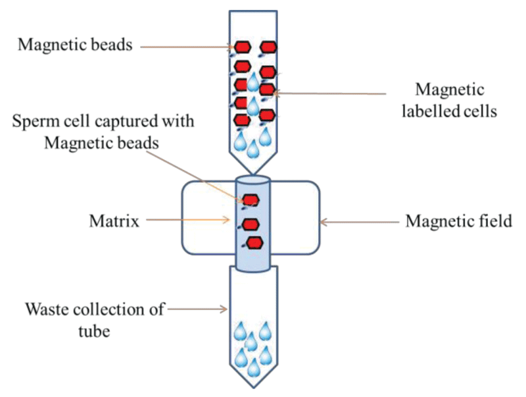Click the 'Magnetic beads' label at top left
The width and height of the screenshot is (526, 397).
click(75, 45)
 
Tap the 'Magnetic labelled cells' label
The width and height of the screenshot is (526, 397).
click(450, 100)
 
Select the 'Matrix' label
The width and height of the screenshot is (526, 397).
click(114, 221)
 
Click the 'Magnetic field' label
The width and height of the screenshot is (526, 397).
click(458, 221)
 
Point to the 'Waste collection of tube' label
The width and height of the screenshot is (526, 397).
click(95, 320)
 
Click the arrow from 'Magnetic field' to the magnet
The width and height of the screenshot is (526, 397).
click(360, 222)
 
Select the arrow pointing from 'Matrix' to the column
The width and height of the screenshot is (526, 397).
click(188, 220)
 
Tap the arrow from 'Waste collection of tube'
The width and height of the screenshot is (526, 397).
click(197, 309)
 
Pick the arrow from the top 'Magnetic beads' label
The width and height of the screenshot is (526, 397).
click(187, 47)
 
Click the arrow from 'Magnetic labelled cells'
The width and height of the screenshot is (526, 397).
click(329, 93)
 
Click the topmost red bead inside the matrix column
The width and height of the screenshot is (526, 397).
click(251, 200)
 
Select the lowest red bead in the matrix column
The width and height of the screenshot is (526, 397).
click(255, 243)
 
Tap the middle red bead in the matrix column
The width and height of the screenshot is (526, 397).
click(251, 225)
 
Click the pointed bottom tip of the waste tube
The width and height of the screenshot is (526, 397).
click(254, 388)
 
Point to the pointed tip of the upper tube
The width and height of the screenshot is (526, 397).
click(253, 174)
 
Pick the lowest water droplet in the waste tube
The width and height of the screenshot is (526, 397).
click(254, 367)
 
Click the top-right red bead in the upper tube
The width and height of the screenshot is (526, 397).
click(268, 47)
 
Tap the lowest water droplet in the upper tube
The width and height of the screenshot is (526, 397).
click(252, 149)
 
